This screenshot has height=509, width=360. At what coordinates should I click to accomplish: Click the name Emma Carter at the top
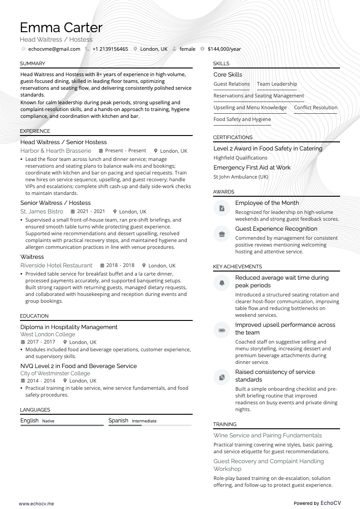(x=61, y=28)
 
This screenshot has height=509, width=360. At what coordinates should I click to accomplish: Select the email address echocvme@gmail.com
(x=54, y=49)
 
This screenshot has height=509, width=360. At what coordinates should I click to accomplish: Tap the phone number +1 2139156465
(x=110, y=49)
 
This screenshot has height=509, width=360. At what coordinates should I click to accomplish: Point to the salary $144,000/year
(x=224, y=49)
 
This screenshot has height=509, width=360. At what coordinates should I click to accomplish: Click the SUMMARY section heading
(x=33, y=63)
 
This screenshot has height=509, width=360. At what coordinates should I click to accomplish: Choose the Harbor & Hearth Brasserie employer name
(x=56, y=150)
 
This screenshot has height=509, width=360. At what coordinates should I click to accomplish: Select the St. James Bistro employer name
(x=42, y=211)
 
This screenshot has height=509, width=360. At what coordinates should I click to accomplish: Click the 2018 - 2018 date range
(x=120, y=265)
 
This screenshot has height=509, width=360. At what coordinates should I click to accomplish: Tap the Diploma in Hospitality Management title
(x=69, y=327)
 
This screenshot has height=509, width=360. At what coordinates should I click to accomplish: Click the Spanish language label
(x=118, y=421)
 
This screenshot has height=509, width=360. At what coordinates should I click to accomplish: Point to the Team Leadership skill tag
(x=277, y=84)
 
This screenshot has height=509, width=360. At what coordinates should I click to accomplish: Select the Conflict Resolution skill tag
(x=316, y=107)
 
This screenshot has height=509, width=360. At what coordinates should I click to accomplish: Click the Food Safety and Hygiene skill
(x=242, y=119)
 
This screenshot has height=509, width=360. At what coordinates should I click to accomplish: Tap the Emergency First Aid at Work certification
(x=252, y=167)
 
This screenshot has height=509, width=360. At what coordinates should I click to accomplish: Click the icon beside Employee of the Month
(x=222, y=208)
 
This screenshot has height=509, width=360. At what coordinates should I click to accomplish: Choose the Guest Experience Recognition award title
(x=276, y=228)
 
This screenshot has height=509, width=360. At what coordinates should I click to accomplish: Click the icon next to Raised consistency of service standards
(x=222, y=377)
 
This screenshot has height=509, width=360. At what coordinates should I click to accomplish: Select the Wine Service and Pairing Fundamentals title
(x=268, y=435)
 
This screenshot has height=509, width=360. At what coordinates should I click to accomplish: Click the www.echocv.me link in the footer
(x=36, y=503)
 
